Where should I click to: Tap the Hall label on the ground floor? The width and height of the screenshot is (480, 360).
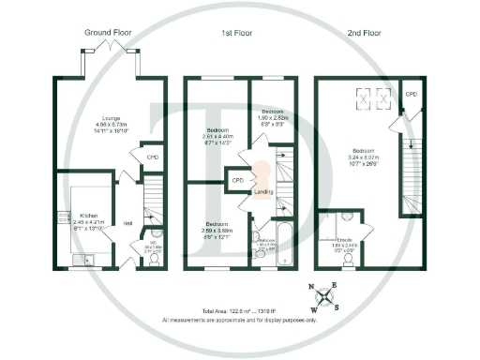[x=127, y=222]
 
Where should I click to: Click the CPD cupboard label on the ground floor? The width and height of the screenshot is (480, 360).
[x=152, y=157]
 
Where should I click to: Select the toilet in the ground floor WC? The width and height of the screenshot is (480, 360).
[x=155, y=258]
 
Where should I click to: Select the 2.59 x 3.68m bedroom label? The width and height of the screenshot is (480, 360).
[x=217, y=228]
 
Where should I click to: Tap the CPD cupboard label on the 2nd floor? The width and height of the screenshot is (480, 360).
[x=411, y=95]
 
